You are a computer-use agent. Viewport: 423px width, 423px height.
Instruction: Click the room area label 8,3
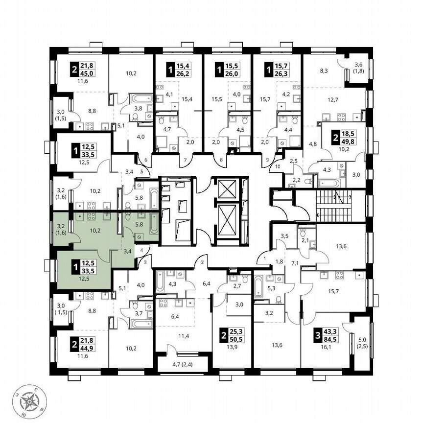coord(324,71)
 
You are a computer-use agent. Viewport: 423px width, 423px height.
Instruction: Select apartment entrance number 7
coord(185,160)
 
